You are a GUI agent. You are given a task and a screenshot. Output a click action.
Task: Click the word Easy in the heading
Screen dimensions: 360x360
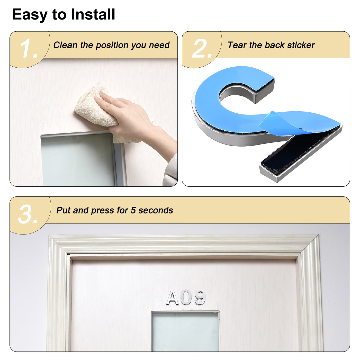(30, 15)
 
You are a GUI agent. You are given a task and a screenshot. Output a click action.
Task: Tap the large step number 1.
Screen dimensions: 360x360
(28, 49)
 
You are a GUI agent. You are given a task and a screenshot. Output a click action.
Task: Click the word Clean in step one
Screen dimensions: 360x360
(65, 45)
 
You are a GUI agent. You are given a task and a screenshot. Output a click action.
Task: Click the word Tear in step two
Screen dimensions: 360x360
(237, 45)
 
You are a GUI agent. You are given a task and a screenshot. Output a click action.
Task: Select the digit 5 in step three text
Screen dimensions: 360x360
(133, 210)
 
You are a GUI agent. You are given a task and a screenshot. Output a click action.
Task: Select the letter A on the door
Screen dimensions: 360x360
(173, 298)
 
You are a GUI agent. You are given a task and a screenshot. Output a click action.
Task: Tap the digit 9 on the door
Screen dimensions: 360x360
(200, 298)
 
